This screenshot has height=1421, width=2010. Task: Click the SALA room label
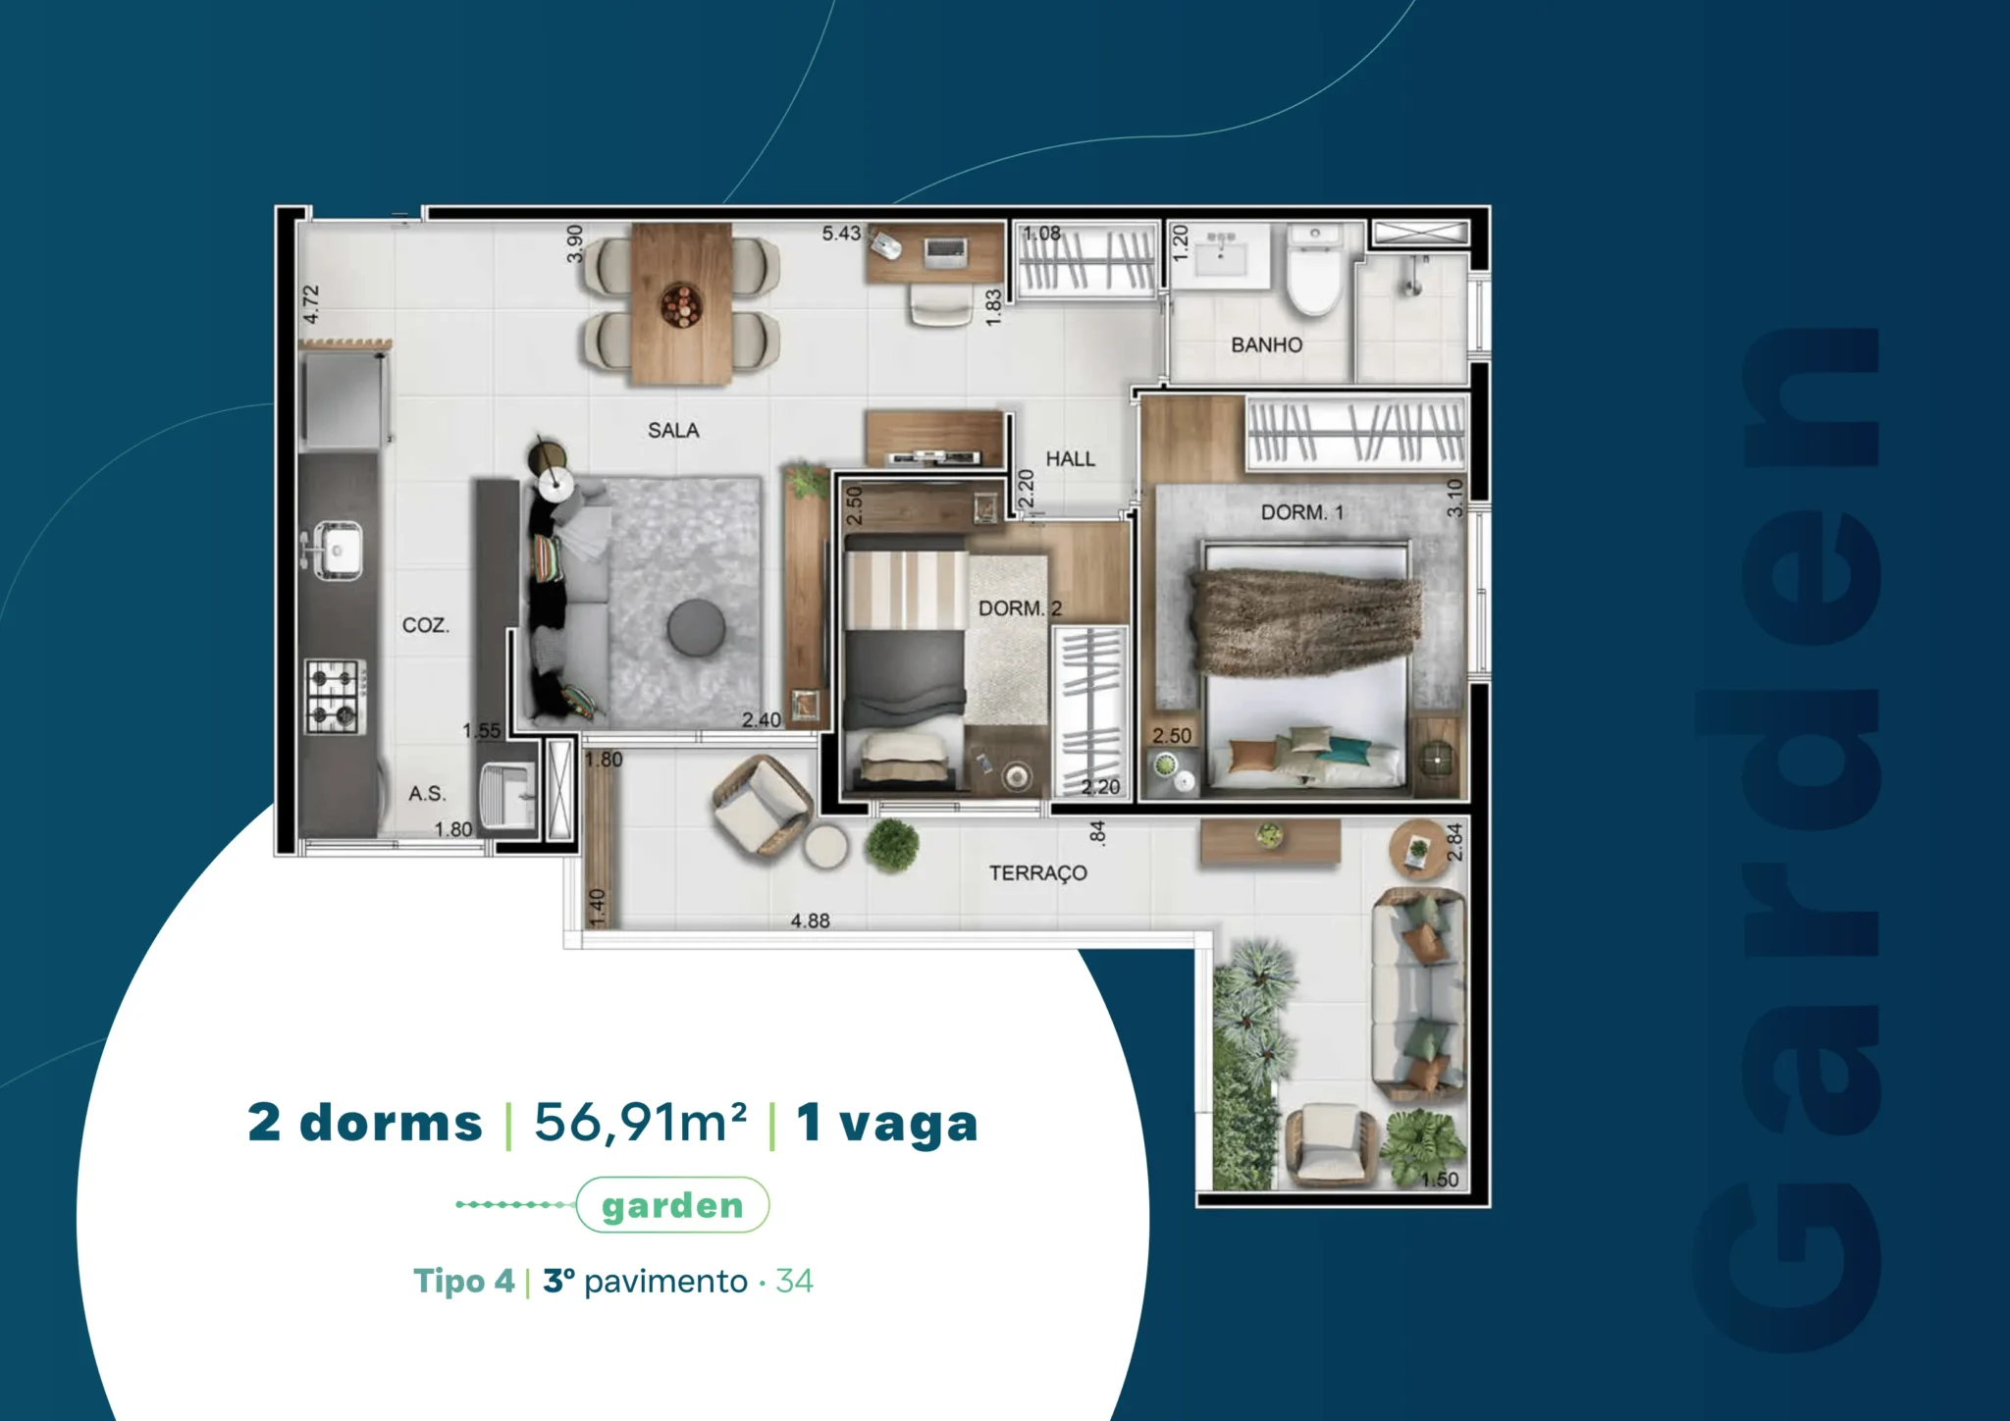pyautogui.click(x=673, y=430)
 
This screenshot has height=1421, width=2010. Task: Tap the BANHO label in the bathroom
pyautogui.click(x=1267, y=344)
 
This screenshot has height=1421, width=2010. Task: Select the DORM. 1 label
pyautogui.click(x=1302, y=512)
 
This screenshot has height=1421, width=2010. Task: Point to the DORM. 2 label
pyautogui.click(x=1020, y=608)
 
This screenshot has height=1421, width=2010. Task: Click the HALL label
pyautogui.click(x=1070, y=458)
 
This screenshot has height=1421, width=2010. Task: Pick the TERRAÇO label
pyautogui.click(x=1037, y=872)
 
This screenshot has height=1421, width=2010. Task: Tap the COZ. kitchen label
pyautogui.click(x=426, y=625)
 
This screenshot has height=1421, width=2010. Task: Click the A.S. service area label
pyautogui.click(x=427, y=793)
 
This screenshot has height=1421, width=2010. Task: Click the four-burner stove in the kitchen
pyautogui.click(x=336, y=696)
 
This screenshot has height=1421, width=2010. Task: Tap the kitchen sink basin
pyautogui.click(x=337, y=549)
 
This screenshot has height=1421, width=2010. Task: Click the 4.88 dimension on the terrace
pyautogui.click(x=811, y=921)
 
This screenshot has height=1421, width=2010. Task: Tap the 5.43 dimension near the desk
pyautogui.click(x=841, y=234)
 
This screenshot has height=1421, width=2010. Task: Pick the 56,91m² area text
pyautogui.click(x=640, y=1123)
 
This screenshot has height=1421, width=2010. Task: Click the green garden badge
pyautogui.click(x=672, y=1205)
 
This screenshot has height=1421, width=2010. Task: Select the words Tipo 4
pyautogui.click(x=463, y=1281)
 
